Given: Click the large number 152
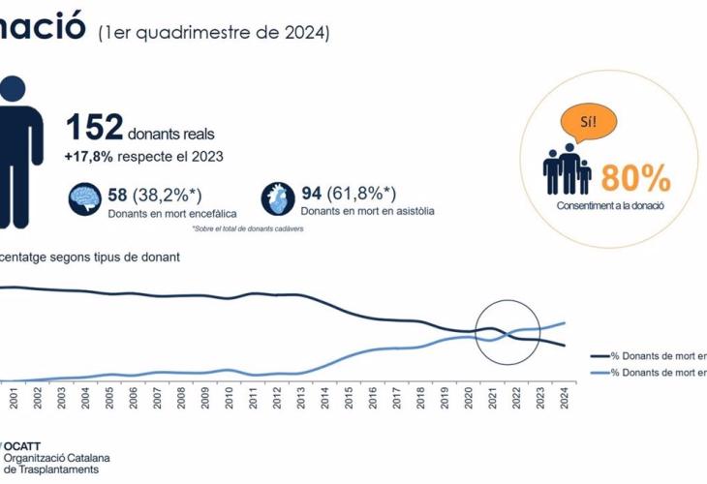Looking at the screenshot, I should tap(94, 128).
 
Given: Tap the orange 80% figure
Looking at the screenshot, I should tap(636, 177).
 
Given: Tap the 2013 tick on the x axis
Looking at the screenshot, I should tap(300, 395).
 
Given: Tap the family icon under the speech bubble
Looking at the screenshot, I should tap(566, 169).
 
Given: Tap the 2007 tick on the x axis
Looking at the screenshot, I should tap(156, 395).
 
